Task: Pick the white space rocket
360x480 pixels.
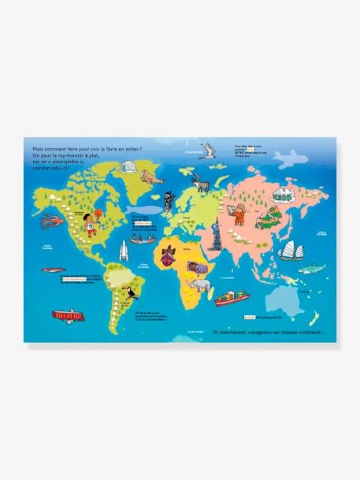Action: point(124,251)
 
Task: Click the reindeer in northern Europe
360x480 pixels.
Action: point(202,184)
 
